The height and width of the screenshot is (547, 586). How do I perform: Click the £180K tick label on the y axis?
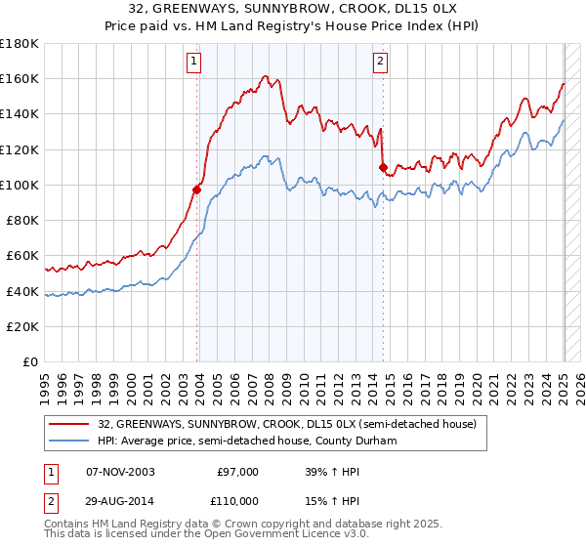pos(20,43)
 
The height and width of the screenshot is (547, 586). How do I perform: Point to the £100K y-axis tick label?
pos(20,185)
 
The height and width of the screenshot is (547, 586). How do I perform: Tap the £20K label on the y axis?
pos(23,326)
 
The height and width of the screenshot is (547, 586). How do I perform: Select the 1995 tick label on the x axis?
pos(45,382)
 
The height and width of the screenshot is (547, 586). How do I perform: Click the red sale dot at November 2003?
pos(197,189)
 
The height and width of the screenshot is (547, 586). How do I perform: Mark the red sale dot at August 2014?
pos(383,167)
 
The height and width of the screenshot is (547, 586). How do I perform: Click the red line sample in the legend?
pos(70,424)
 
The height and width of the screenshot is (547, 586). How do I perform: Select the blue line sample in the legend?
pos(70,441)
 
